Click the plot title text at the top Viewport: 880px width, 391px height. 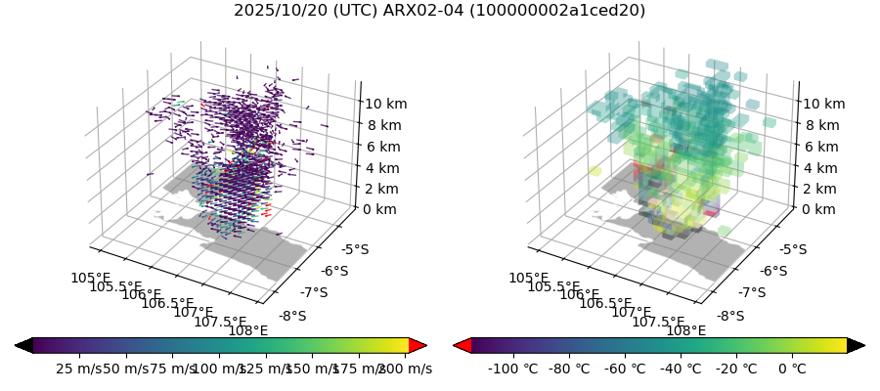439,11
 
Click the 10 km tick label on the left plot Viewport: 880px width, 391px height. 386,104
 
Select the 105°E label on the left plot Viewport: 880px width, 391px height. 89,279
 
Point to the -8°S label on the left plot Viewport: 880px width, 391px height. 292,316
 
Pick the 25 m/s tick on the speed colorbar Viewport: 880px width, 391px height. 78,369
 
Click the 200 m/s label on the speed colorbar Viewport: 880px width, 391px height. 406,369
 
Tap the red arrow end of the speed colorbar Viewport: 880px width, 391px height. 418,345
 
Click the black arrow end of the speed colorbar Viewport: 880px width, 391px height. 23,345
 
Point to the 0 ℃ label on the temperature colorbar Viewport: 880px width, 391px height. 792,369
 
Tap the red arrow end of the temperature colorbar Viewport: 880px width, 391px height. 462,345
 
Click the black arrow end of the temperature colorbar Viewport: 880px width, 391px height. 856,345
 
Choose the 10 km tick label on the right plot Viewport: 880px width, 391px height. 824,104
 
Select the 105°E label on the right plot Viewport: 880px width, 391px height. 527,279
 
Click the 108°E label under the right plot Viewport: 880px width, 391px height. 686,330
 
